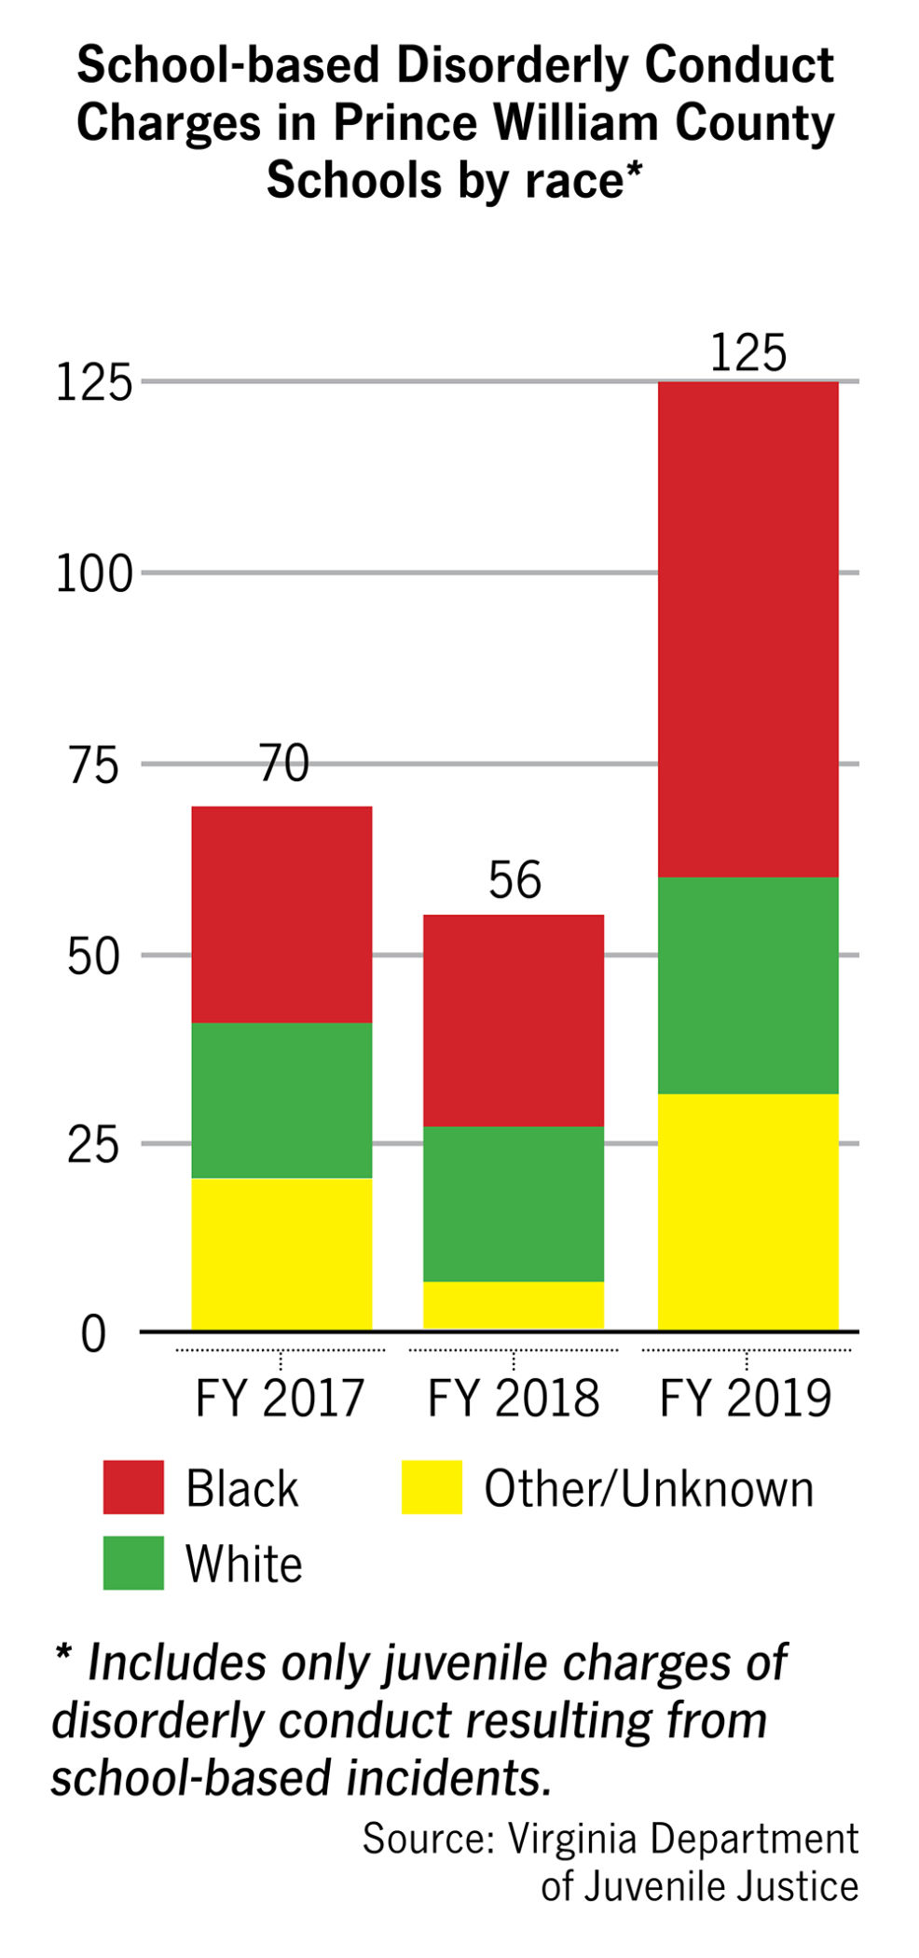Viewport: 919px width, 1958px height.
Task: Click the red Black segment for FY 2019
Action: point(748,629)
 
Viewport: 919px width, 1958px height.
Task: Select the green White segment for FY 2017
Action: point(281,1100)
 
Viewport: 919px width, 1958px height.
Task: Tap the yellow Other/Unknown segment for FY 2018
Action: point(514,1305)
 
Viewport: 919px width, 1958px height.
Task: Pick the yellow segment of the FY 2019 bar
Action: point(748,1212)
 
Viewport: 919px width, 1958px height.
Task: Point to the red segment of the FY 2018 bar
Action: point(514,1020)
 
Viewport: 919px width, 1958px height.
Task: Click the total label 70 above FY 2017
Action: point(283,764)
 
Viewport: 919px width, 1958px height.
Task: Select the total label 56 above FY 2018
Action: point(514,880)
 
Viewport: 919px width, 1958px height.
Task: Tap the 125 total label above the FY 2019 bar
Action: point(748,352)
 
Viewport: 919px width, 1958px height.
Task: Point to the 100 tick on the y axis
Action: point(94,573)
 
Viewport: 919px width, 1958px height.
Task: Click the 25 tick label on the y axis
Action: point(93,1145)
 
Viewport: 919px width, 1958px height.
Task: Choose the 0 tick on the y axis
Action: point(93,1334)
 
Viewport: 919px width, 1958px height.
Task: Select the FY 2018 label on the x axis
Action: point(514,1399)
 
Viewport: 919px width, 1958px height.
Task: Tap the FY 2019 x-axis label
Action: point(746,1399)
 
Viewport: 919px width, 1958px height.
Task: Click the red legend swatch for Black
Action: point(133,1487)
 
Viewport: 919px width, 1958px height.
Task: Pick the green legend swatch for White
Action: point(133,1563)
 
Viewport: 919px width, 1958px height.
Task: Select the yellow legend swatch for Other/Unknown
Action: point(432,1487)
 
